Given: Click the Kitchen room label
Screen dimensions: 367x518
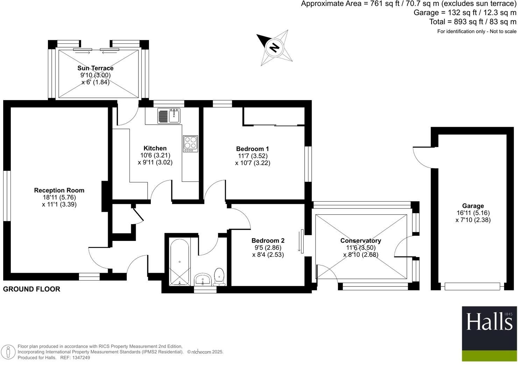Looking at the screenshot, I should pyautogui.click(x=155, y=148).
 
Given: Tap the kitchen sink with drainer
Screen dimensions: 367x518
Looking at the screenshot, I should pyautogui.click(x=169, y=116).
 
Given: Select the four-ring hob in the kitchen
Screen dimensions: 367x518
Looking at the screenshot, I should pyautogui.click(x=190, y=144).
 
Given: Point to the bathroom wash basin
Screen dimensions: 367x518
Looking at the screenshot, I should pyautogui.click(x=203, y=279).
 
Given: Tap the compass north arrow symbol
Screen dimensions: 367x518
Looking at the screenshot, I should pyautogui.click(x=274, y=47).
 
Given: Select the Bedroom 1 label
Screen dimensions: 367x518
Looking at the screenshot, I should pyautogui.click(x=253, y=149).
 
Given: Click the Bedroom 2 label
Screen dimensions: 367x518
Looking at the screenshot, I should pyautogui.click(x=268, y=241).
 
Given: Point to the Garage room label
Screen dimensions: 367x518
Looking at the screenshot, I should pyautogui.click(x=473, y=206).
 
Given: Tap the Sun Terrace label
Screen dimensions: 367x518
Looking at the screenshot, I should pyautogui.click(x=95, y=68).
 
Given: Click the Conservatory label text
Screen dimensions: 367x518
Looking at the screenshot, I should pyautogui.click(x=361, y=241).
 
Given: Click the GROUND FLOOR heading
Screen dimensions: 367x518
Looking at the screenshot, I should pyautogui.click(x=32, y=289).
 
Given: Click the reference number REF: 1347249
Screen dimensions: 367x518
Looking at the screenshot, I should pyautogui.click(x=75, y=358).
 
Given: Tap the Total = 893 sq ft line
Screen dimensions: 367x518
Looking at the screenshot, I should pyautogui.click(x=473, y=22).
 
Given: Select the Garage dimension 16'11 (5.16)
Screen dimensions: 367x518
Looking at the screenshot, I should pyautogui.click(x=473, y=213).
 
